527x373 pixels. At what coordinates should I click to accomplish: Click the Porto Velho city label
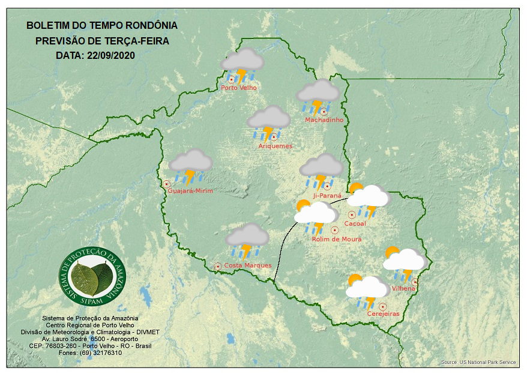coord(239,88)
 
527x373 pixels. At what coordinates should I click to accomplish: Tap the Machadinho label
coord(324,120)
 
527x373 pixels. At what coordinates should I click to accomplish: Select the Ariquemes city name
coord(276,146)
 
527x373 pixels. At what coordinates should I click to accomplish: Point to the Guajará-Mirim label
coord(191,191)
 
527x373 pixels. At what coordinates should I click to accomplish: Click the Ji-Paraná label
coord(327,196)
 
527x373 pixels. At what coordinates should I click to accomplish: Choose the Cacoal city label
coord(355,224)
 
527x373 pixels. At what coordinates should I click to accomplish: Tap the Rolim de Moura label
coord(337,239)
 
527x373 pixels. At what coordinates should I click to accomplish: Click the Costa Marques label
coord(248,265)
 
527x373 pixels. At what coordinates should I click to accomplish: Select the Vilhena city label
coord(403,288)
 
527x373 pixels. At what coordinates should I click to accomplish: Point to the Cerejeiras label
coord(383,314)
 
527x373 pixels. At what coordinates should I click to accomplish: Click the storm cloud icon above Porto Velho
coord(242,64)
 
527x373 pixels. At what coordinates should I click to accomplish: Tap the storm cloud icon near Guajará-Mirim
coord(191,165)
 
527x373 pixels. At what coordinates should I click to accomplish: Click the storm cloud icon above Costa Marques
coord(247,240)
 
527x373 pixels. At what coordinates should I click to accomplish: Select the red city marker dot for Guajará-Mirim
coord(166,184)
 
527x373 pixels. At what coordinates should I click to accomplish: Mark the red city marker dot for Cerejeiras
coord(382,306)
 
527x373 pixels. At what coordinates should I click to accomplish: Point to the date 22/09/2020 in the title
coord(110,55)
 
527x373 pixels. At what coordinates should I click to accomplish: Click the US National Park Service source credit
coord(478,362)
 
